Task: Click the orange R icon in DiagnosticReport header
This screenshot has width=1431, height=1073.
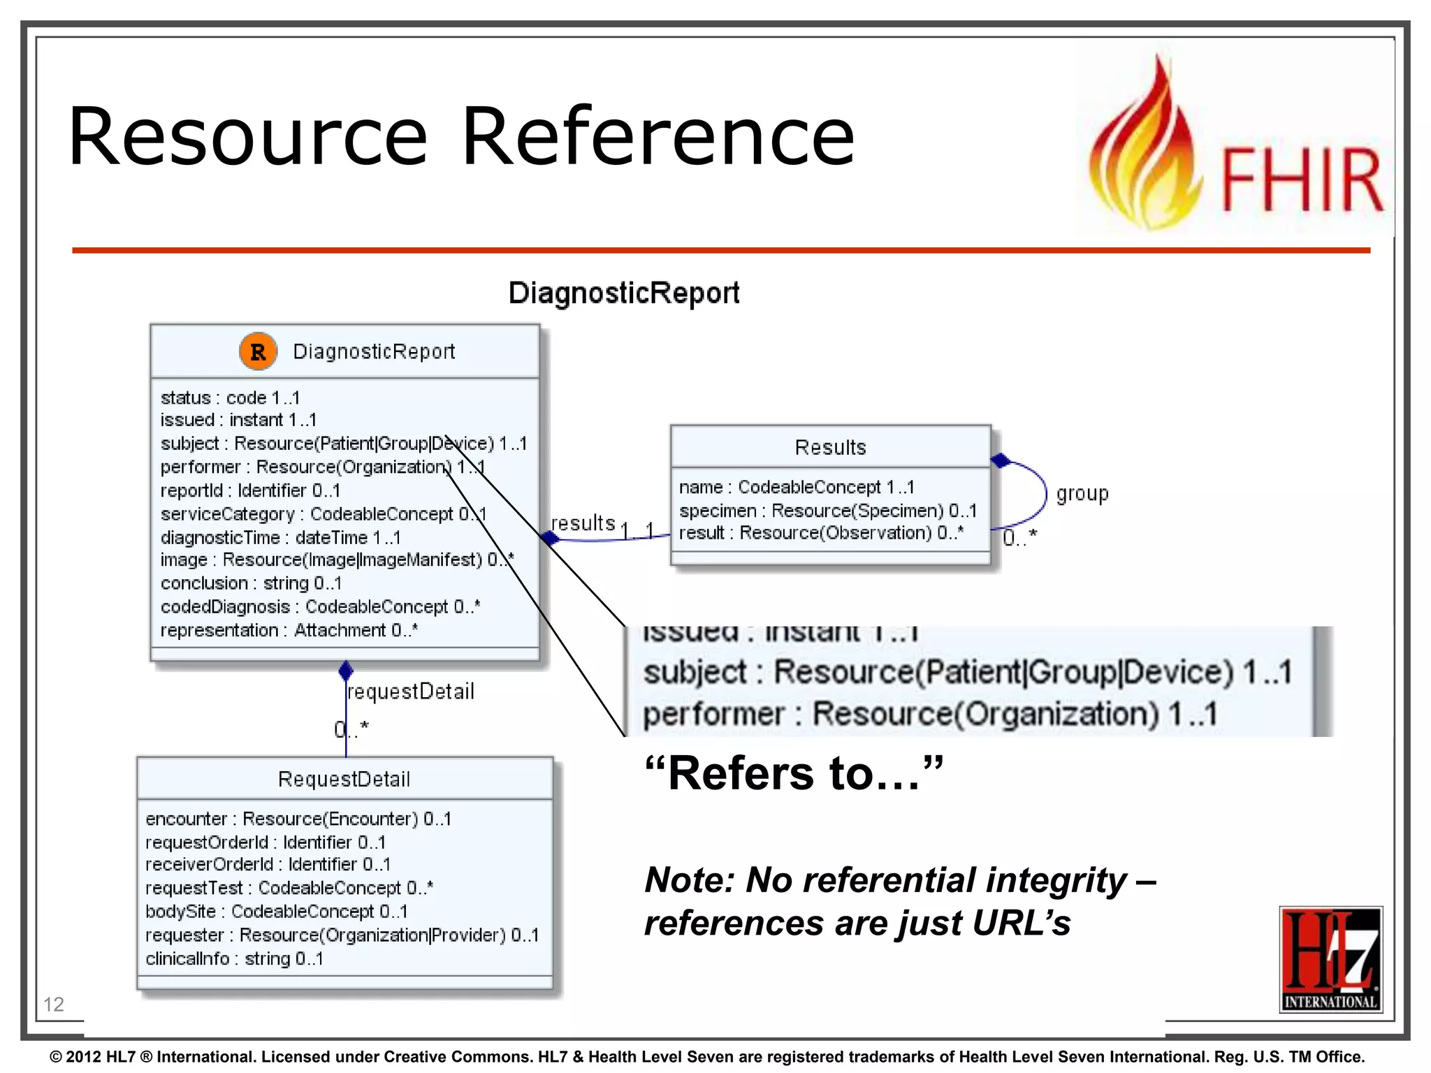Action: pos(258,351)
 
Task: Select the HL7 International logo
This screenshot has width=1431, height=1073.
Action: pos(1330,959)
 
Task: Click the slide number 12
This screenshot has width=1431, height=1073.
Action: pos(54,1004)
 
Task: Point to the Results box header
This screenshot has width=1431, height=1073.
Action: pos(830,447)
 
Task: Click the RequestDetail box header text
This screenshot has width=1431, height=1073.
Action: pos(344,779)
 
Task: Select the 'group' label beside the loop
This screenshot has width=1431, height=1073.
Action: pos(1082,494)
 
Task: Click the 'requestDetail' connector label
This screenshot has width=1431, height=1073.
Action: pos(411,692)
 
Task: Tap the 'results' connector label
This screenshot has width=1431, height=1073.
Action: pos(583,523)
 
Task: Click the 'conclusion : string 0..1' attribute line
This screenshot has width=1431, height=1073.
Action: pos(251,583)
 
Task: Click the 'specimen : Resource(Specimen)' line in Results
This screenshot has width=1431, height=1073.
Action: pos(827,511)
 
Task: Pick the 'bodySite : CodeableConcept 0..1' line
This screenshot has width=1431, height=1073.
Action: pos(276,912)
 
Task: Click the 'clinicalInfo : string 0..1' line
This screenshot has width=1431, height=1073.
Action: pos(234,958)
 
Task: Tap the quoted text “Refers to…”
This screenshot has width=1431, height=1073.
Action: pos(794,773)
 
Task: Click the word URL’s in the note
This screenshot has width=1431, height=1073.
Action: pos(1021,923)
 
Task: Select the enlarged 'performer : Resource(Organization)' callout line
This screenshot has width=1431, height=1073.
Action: pos(929,714)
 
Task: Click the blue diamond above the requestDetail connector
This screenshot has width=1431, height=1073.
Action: pos(346,671)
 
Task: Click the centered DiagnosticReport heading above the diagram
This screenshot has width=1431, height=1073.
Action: pos(623,293)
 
